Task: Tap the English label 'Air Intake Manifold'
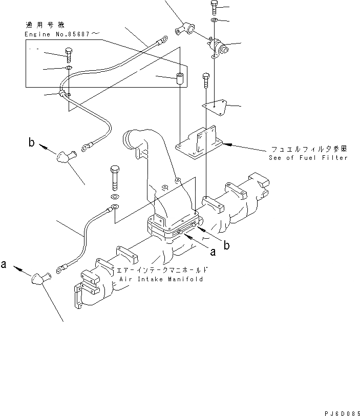[161, 279]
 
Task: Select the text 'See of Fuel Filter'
[308, 158]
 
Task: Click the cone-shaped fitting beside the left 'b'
[66, 158]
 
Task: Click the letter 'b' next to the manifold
[226, 245]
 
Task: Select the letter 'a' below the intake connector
[212, 252]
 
